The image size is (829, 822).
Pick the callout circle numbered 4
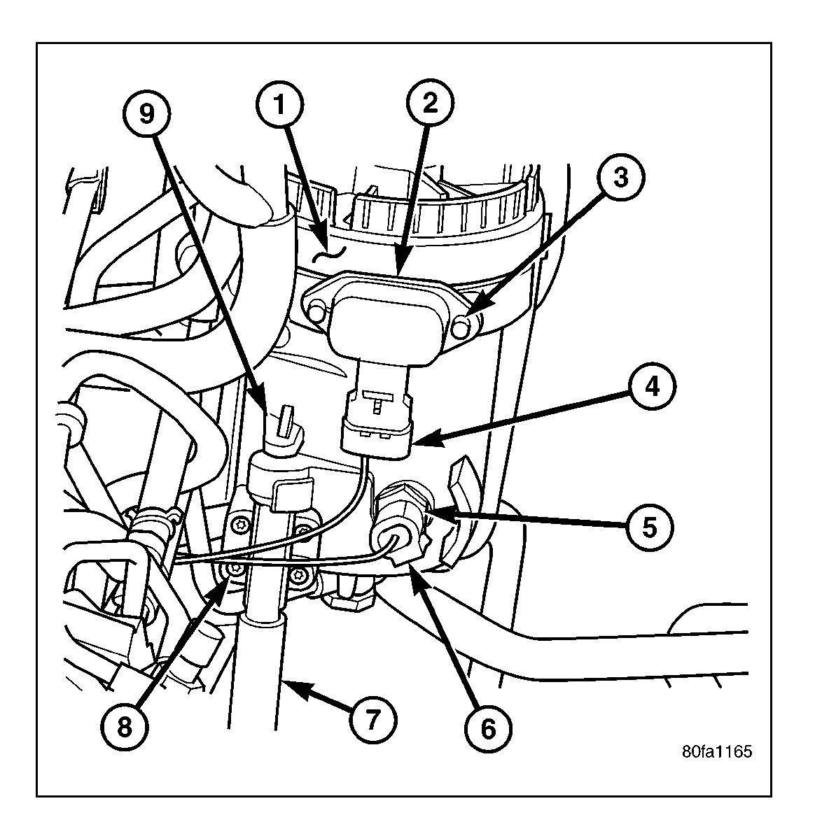[651, 387]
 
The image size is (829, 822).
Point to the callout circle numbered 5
[649, 526]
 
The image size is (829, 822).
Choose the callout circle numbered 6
[488, 728]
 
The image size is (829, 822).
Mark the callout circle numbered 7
[372, 718]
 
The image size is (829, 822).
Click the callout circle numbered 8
[124, 727]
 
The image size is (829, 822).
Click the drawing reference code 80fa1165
[717, 752]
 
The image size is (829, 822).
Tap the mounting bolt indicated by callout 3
[461, 325]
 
